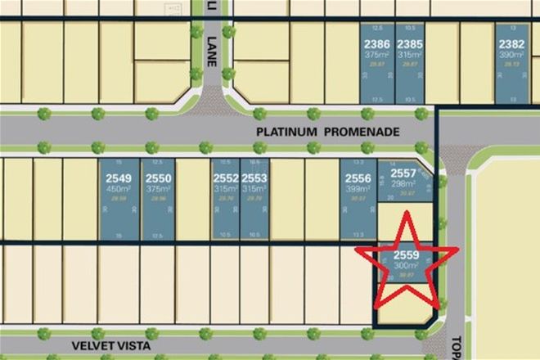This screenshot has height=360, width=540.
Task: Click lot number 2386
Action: coord(376,43)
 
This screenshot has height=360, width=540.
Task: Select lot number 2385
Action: coord(410,43)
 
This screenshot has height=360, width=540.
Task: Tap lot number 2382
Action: coord(512,43)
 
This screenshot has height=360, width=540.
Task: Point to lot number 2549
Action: coord(119,177)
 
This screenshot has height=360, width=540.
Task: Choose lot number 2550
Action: coord(158,177)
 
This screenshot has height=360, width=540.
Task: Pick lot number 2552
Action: coord(226,177)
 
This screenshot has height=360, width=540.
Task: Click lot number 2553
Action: coord(254,177)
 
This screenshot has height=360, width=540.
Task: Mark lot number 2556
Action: coord(356,177)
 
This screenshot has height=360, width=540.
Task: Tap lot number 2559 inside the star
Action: coord(407,255)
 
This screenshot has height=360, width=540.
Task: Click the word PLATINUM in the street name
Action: coord(281,131)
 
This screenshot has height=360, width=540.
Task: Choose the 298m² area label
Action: coord(403,183)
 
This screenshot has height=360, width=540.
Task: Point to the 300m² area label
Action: coord(407,265)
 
